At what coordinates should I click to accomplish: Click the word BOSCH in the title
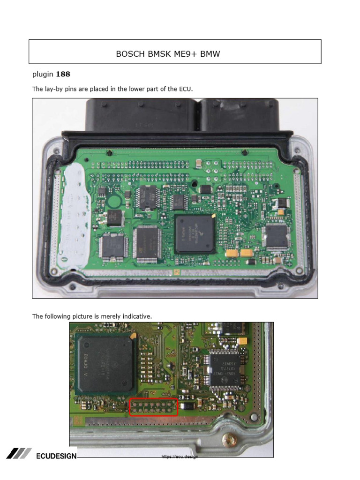(128, 54)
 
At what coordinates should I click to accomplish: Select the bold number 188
(63, 74)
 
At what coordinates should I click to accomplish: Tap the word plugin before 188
(43, 74)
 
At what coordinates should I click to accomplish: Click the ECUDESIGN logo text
(56, 456)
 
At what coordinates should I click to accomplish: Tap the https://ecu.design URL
(180, 457)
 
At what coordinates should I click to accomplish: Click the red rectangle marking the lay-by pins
(154, 407)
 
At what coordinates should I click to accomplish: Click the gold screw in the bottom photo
(230, 441)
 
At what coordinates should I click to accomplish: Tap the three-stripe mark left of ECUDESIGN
(19, 453)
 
